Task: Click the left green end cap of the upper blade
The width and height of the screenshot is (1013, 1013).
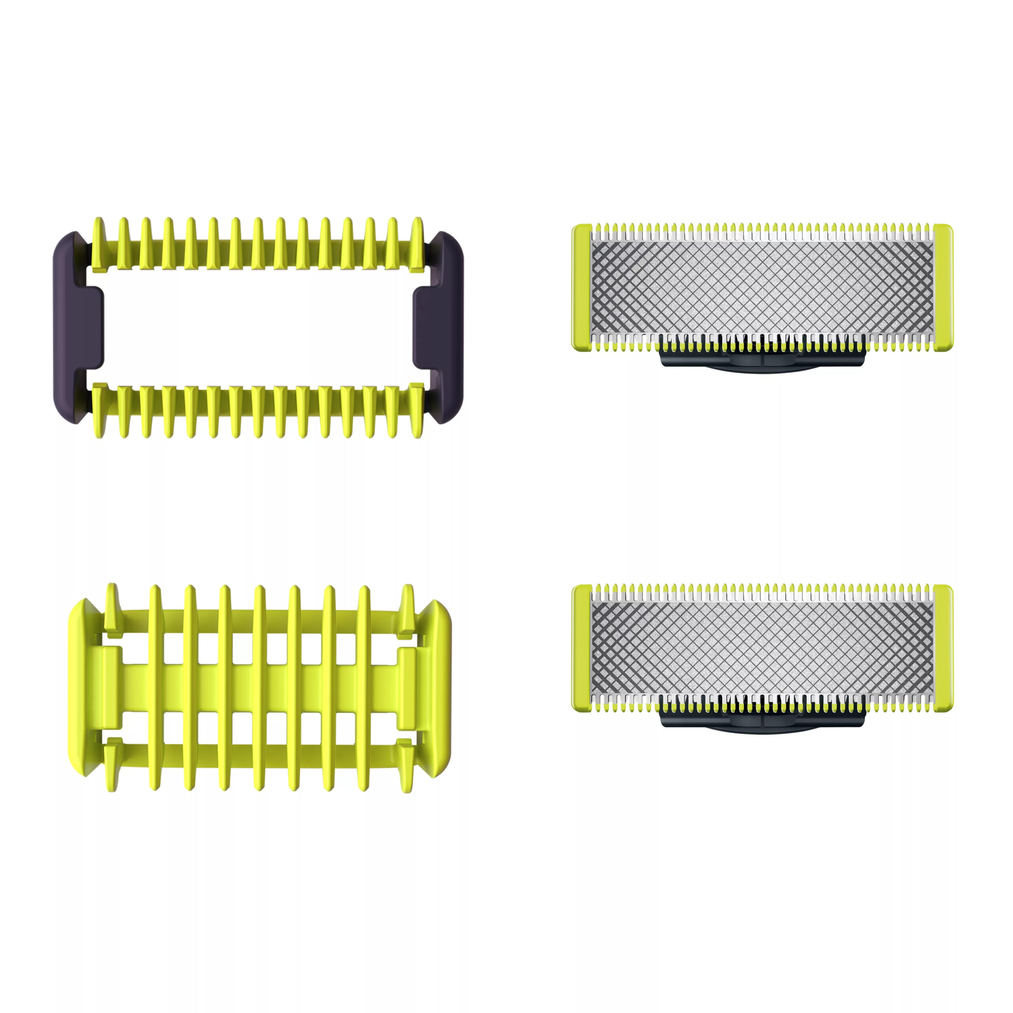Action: (x=581, y=287)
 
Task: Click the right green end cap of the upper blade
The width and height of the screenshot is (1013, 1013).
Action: (x=943, y=287)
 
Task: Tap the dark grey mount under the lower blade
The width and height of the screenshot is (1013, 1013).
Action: (x=763, y=721)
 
